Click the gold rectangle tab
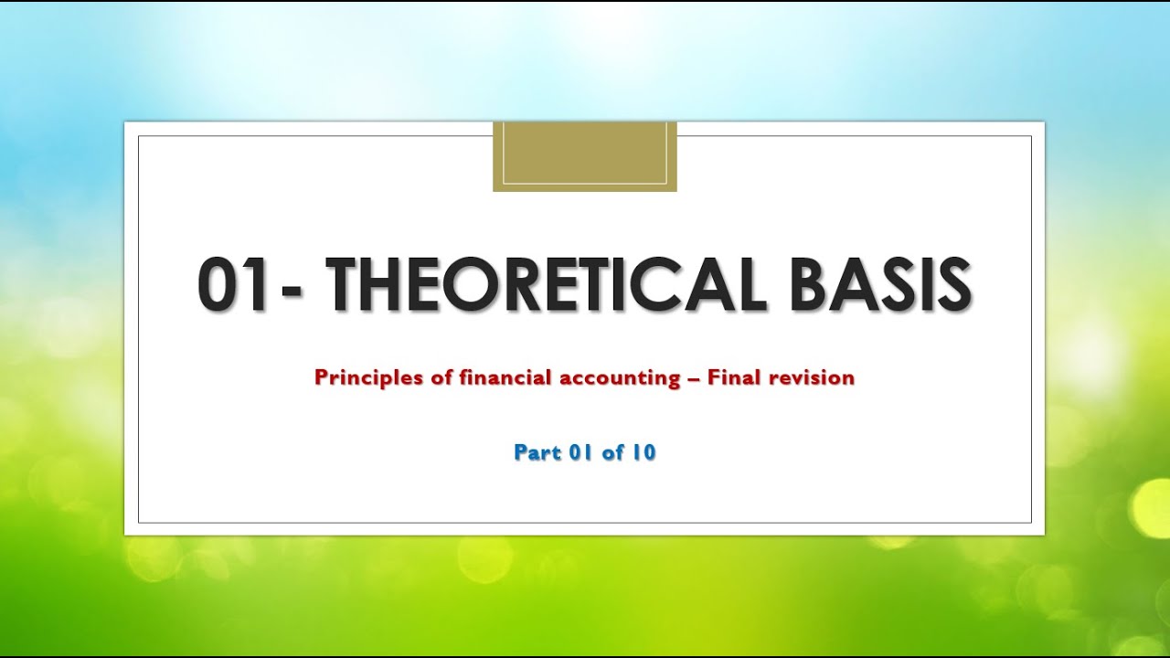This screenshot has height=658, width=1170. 585,156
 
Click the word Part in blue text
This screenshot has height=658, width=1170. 537,452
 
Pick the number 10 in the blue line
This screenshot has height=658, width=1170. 643,452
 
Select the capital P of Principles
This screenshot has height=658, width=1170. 320,377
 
